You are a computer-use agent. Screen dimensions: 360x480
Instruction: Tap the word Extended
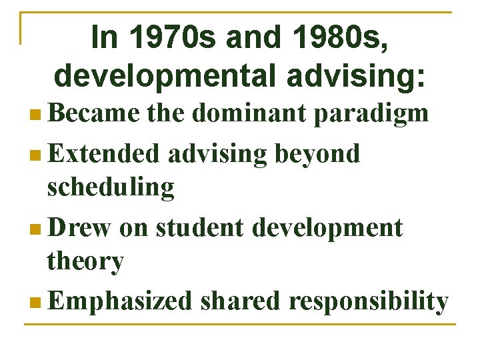[x=104, y=153]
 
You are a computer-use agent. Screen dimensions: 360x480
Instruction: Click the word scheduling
[x=111, y=187]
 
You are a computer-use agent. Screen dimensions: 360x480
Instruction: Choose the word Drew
[x=79, y=227]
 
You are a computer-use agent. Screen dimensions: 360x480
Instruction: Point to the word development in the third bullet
[x=327, y=227]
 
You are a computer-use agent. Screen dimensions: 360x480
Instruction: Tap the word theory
[x=85, y=261]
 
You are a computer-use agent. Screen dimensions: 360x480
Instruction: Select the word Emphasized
[x=119, y=301]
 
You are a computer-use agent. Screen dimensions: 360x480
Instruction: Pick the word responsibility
[x=368, y=301]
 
